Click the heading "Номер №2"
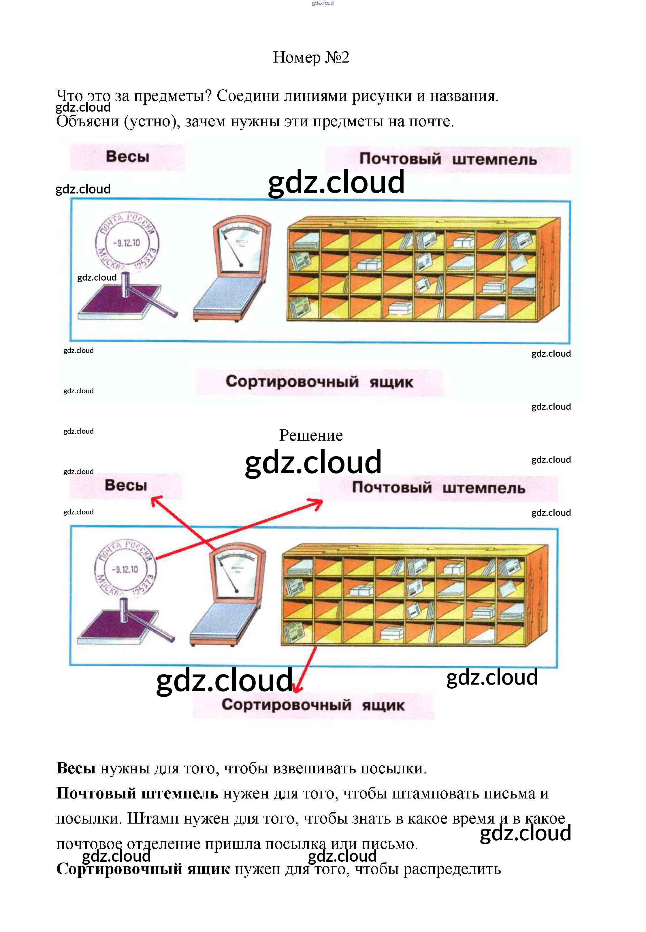point(311,57)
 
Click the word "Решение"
point(311,435)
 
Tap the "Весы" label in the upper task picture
point(127,157)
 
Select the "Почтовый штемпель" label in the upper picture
point(448,159)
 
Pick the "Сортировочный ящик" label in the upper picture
point(319,382)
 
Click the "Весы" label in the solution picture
point(126,485)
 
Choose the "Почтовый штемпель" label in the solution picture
point(438,487)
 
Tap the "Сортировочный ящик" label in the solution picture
point(312,705)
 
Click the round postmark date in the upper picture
point(127,243)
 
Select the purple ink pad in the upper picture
point(117,300)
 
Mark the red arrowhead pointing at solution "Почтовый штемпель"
point(319,503)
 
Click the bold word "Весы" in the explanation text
point(76,768)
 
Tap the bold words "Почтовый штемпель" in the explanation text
point(137,794)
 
